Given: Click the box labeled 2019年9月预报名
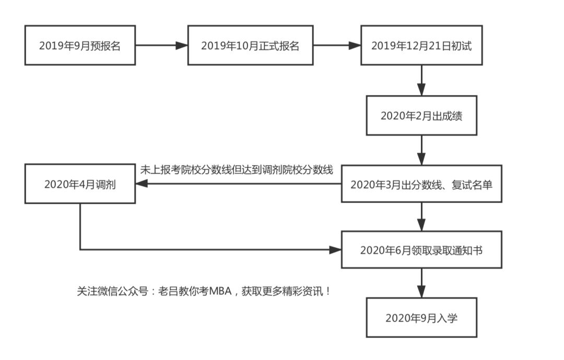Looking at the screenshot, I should coord(80,45).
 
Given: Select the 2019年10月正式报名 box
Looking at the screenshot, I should coord(250,45).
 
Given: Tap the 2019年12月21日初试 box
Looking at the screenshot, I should coord(421,45).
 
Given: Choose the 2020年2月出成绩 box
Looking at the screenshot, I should coord(421,115).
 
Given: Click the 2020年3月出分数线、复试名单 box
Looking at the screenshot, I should coord(421,184).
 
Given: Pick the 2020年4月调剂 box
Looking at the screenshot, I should coord(80,184).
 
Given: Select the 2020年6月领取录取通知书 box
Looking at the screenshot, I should coord(421,250).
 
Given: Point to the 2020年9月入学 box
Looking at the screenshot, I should coord(421,318).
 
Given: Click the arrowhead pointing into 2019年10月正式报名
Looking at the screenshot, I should coord(181,45).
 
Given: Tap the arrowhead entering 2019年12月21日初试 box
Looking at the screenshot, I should coord(355,45).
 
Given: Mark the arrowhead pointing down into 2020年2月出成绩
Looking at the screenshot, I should coord(421,90).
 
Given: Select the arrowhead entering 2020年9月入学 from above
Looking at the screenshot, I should coord(421,292).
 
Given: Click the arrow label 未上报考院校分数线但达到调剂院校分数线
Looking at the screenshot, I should coord(237,170).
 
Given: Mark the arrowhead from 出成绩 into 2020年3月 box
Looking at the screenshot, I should coord(421,159).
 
